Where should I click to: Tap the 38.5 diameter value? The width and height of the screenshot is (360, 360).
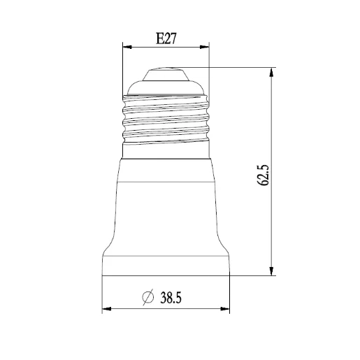(x=171, y=298)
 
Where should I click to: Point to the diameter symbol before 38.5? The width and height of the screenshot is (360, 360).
(x=147, y=298)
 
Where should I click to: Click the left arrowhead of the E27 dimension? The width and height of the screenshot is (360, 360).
(x=127, y=48)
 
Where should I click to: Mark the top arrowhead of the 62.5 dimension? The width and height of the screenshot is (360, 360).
(x=271, y=72)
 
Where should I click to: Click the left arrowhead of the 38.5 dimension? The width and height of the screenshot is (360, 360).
(x=107, y=309)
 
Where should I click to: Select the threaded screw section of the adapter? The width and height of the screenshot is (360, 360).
(x=166, y=119)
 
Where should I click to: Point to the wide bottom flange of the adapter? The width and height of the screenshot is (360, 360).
(x=166, y=264)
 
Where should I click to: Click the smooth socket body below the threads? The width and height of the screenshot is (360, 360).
(x=166, y=203)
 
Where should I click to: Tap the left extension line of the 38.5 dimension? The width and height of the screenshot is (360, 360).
(x=103, y=294)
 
